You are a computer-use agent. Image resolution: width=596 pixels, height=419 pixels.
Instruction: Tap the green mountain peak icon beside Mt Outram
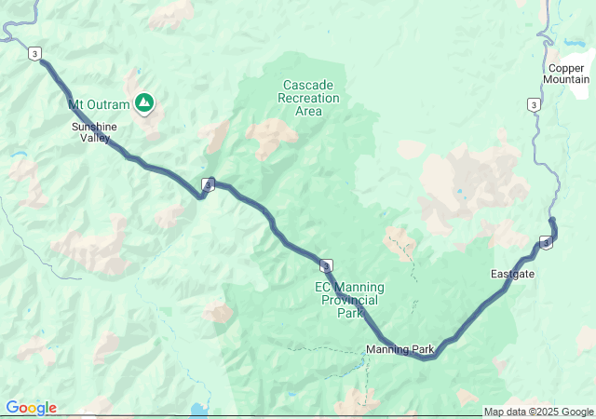tap(144, 101)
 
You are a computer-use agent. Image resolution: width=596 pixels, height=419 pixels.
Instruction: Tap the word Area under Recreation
tap(308, 112)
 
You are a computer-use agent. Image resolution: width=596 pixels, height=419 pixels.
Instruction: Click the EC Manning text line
tap(349, 287)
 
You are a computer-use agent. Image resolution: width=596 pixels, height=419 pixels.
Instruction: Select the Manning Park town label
tap(400, 350)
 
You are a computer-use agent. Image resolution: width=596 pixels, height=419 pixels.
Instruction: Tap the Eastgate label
tap(512, 274)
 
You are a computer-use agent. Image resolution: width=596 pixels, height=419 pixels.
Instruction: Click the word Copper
tap(567, 68)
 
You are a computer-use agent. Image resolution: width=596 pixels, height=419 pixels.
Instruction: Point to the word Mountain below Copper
tap(567, 80)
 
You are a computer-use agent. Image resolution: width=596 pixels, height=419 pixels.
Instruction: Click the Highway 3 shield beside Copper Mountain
tap(534, 104)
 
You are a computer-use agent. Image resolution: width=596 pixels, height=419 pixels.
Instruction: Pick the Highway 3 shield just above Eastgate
tap(546, 243)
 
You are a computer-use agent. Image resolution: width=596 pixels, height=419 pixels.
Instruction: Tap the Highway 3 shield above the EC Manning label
tap(326, 266)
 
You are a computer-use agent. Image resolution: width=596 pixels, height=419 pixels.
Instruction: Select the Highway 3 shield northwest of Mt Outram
tap(34, 54)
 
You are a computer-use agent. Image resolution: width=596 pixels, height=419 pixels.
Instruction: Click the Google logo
tap(31, 408)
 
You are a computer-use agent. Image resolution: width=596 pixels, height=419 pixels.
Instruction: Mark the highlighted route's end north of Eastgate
tap(552, 220)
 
